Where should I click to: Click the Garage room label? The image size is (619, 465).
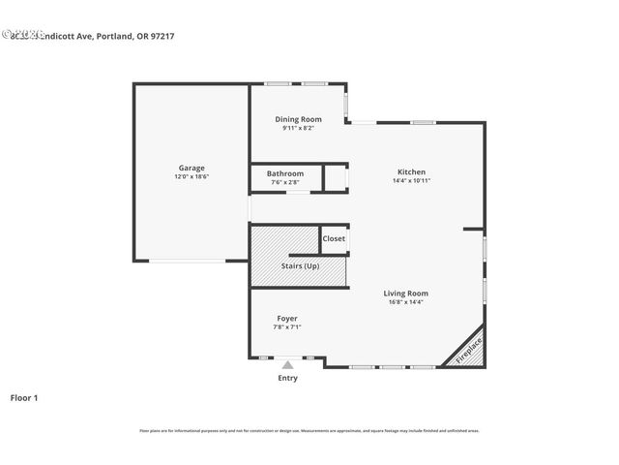(x=191, y=168)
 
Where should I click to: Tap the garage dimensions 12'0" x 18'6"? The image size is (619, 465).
(x=191, y=177)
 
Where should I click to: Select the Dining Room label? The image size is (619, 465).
(x=298, y=119)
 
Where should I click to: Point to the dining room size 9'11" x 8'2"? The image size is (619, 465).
(x=298, y=128)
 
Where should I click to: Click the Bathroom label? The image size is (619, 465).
(x=285, y=173)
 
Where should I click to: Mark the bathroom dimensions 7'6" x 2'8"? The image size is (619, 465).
(x=285, y=182)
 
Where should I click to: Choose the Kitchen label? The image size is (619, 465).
(x=411, y=171)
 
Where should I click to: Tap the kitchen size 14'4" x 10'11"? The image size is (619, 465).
(x=411, y=180)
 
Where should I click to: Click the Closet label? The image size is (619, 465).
(x=334, y=238)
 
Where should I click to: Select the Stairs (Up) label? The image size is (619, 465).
(x=299, y=265)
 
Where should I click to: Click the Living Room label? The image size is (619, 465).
(x=405, y=293)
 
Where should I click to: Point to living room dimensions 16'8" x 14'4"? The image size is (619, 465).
(x=405, y=302)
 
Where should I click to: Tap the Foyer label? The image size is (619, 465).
(x=287, y=318)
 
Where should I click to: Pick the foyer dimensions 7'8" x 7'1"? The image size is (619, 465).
(x=287, y=327)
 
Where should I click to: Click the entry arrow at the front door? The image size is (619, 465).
(x=287, y=365)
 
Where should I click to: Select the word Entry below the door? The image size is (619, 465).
(x=287, y=378)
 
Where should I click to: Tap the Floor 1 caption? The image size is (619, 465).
(x=23, y=397)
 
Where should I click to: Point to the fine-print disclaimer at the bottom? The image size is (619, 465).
(x=309, y=430)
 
